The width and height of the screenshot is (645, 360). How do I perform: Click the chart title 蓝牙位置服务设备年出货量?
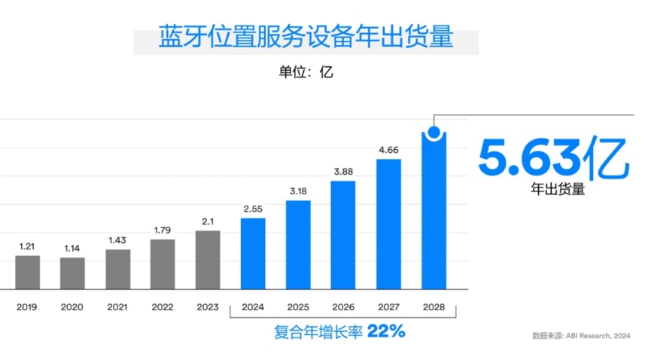pyautogui.click(x=306, y=37)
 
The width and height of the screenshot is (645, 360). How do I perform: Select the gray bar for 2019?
pyautogui.click(x=28, y=272)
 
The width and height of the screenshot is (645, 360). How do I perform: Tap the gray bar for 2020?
pyautogui.click(x=73, y=273)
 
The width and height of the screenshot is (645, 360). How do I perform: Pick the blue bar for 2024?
pyautogui.click(x=253, y=253)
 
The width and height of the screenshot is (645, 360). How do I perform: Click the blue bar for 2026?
pyautogui.click(x=343, y=234)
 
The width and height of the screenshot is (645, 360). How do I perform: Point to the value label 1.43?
pyautogui.click(x=117, y=239)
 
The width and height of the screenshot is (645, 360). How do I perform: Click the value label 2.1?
pyautogui.click(x=208, y=220)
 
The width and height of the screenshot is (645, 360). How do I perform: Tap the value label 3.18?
pyautogui.click(x=298, y=191)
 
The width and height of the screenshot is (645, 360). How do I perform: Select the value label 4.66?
pyautogui.click(x=388, y=149)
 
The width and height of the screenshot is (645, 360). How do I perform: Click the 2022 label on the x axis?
pyautogui.click(x=163, y=307)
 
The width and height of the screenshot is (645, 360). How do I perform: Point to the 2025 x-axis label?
pyautogui.click(x=298, y=307)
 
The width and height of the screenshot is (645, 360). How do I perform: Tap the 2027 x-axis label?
pyautogui.click(x=388, y=307)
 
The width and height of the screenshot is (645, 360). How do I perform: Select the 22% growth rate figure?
pyautogui.click(x=386, y=331)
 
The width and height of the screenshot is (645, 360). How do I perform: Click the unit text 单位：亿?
pyautogui.click(x=306, y=73)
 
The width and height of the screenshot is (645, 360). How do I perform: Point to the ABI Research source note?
pyautogui.click(x=580, y=336)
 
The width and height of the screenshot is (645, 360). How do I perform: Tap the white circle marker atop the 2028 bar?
pyautogui.click(x=434, y=133)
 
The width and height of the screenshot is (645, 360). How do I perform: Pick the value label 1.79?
pyautogui.click(x=163, y=230)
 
